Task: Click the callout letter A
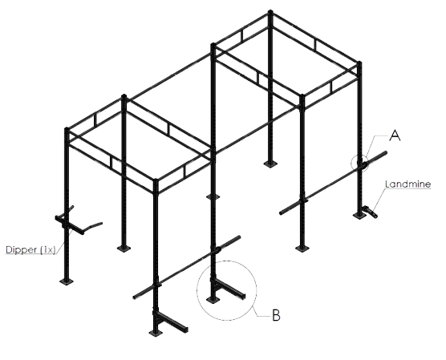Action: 395,136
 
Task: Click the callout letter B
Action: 276,315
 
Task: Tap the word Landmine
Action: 407,184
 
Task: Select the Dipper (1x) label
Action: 30,249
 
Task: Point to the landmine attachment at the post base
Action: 370,212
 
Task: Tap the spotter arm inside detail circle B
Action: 229,289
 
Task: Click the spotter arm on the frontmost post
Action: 171,321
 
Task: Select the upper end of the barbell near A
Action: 385,153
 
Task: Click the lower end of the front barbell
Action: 135,297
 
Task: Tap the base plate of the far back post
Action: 270,164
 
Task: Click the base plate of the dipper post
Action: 67,281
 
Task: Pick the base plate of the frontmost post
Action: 156,333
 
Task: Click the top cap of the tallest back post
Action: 270,12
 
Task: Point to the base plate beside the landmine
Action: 359,215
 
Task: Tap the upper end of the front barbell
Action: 238,237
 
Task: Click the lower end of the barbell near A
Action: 281,212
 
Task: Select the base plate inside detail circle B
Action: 213,300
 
